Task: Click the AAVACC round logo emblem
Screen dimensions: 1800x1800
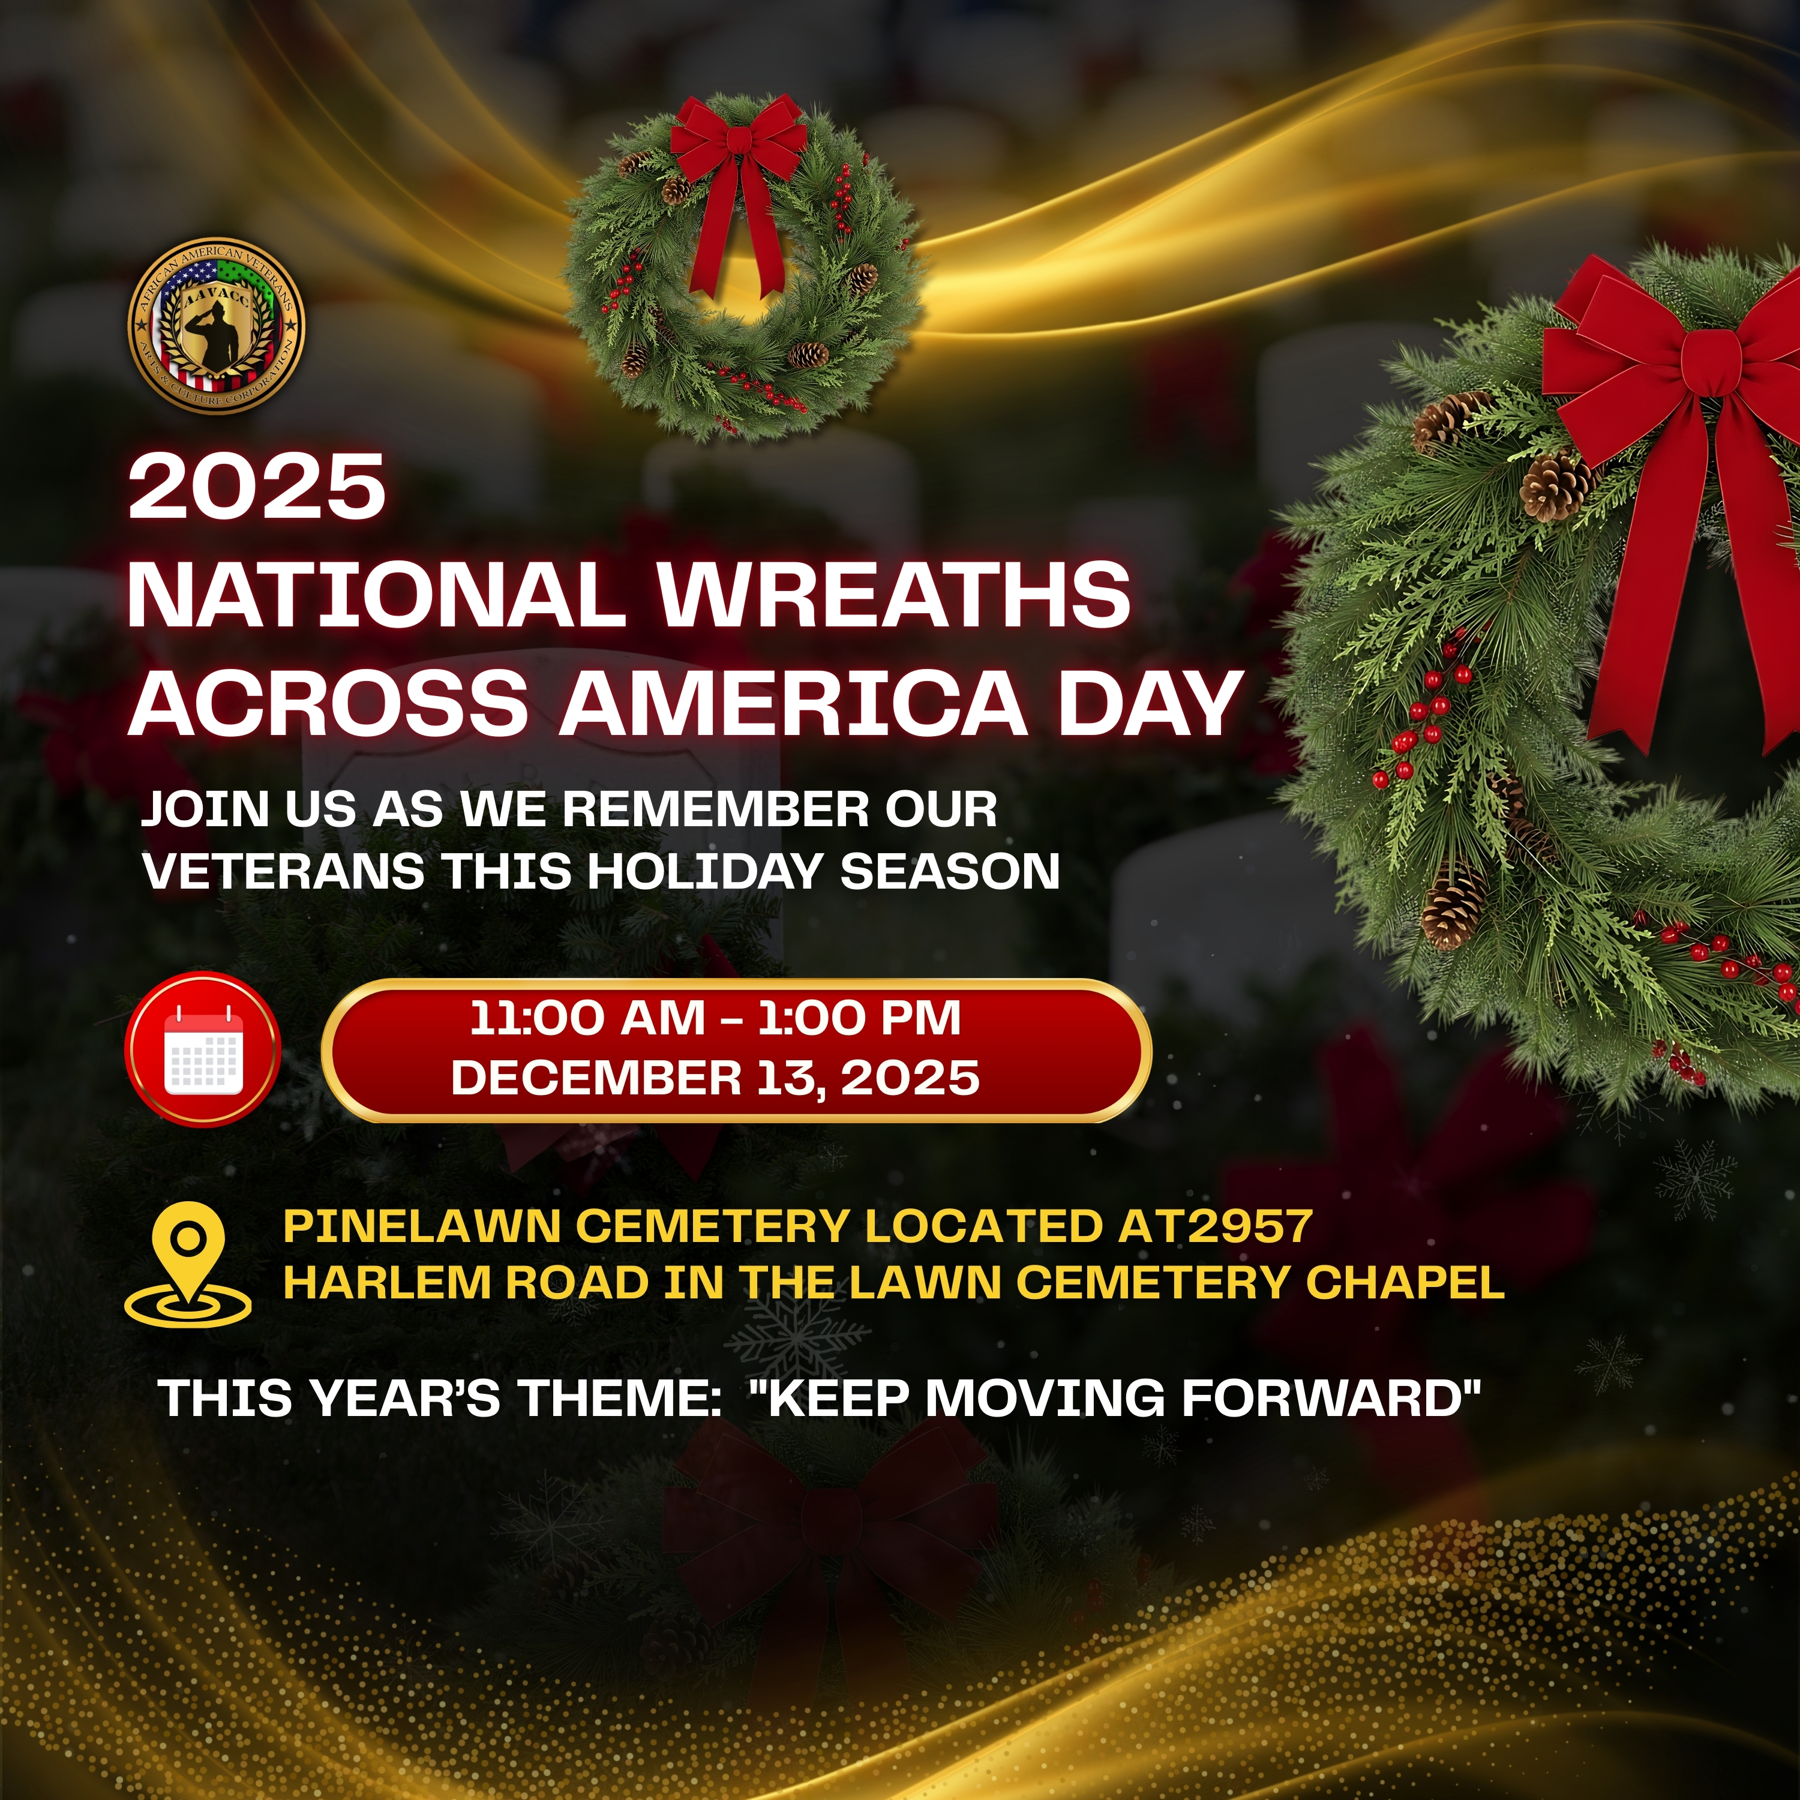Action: click(216, 324)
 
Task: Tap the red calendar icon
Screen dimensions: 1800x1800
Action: click(203, 1049)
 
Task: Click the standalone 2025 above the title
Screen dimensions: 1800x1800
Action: click(257, 487)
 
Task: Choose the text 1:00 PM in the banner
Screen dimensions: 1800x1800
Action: click(859, 1018)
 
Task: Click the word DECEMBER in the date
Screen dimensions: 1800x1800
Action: click(595, 1078)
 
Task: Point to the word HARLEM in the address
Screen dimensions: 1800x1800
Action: click(386, 1283)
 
